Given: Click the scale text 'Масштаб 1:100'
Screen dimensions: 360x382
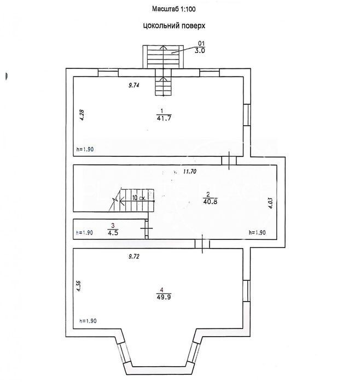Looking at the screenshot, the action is point(173,9).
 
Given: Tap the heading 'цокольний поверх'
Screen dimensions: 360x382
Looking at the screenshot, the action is point(174,26).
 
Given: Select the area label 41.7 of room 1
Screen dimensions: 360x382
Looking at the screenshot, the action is point(164,119).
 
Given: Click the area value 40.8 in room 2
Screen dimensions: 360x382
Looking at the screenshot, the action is point(210,202).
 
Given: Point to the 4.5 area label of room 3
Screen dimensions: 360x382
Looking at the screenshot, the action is point(113,232).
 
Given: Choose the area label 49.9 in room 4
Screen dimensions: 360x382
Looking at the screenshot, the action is point(164,297).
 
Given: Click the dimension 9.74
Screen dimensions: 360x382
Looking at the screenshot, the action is point(133,85).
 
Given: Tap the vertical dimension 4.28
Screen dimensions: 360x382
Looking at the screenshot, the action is point(82,115).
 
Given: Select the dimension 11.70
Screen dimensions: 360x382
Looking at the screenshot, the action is point(189,172).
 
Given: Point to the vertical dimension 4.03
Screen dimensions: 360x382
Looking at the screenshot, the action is point(270,203).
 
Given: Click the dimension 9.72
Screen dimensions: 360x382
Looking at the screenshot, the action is point(134,256).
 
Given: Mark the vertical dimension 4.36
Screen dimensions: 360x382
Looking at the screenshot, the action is point(79,286).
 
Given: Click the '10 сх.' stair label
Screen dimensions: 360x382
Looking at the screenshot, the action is point(139,198).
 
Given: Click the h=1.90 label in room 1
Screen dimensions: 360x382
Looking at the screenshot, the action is point(85,149).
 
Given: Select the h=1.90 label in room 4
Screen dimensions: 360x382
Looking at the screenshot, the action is point(88,321).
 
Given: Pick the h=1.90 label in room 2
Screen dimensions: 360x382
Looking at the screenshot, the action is point(257,232).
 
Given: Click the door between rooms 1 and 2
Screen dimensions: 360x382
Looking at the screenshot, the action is point(229,161).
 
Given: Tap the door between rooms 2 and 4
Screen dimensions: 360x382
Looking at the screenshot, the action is point(202,244).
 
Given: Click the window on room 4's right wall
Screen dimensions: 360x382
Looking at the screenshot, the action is point(247,291).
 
